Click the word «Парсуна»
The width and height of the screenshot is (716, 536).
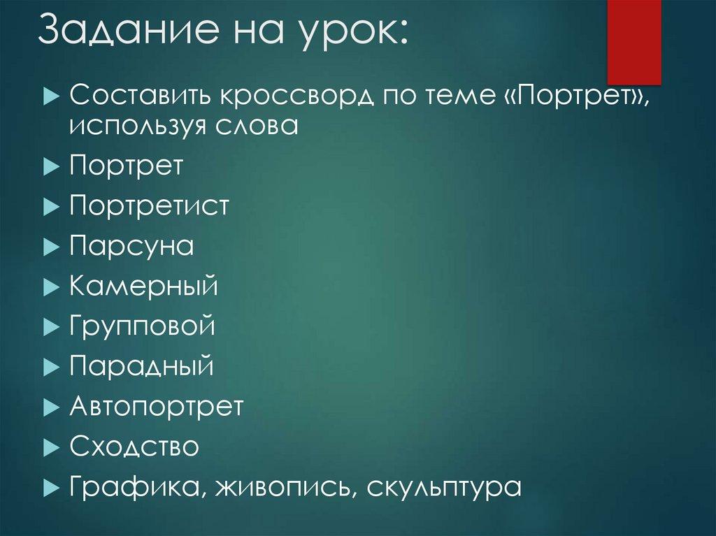131,247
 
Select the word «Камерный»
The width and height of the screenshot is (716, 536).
144,287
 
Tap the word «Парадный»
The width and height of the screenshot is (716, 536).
141,366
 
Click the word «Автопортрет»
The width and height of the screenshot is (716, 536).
157,407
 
